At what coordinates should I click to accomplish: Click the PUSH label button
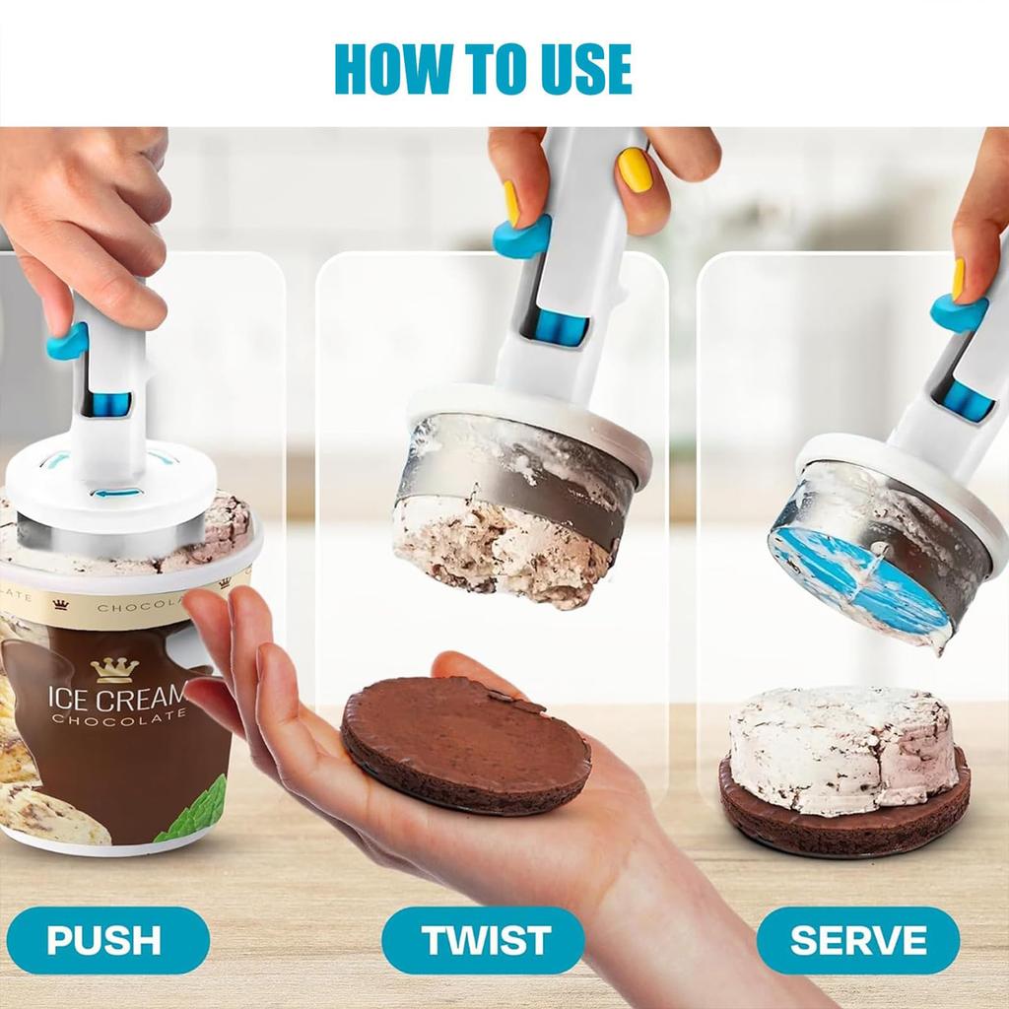(104, 940)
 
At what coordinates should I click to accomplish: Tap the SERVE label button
(857, 940)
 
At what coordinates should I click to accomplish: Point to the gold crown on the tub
(114, 670)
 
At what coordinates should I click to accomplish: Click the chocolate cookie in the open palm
(465, 745)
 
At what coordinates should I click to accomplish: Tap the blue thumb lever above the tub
(68, 342)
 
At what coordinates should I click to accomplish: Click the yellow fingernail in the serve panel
(958, 279)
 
